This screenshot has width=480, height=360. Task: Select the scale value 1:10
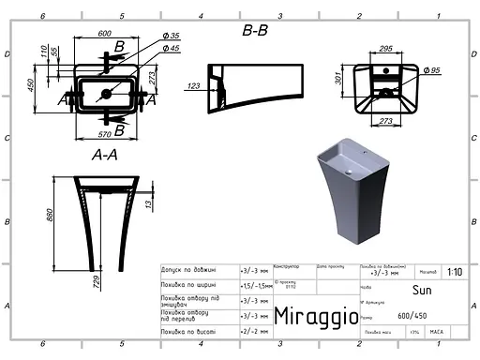click(x=455, y=272)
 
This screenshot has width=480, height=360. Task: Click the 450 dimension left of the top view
click(x=31, y=84)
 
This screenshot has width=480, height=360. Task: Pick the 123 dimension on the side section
click(x=194, y=86)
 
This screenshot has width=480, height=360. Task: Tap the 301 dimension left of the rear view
click(x=341, y=81)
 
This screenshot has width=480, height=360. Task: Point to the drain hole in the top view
click(x=108, y=92)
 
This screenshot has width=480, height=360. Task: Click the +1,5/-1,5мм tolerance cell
click(x=255, y=284)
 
